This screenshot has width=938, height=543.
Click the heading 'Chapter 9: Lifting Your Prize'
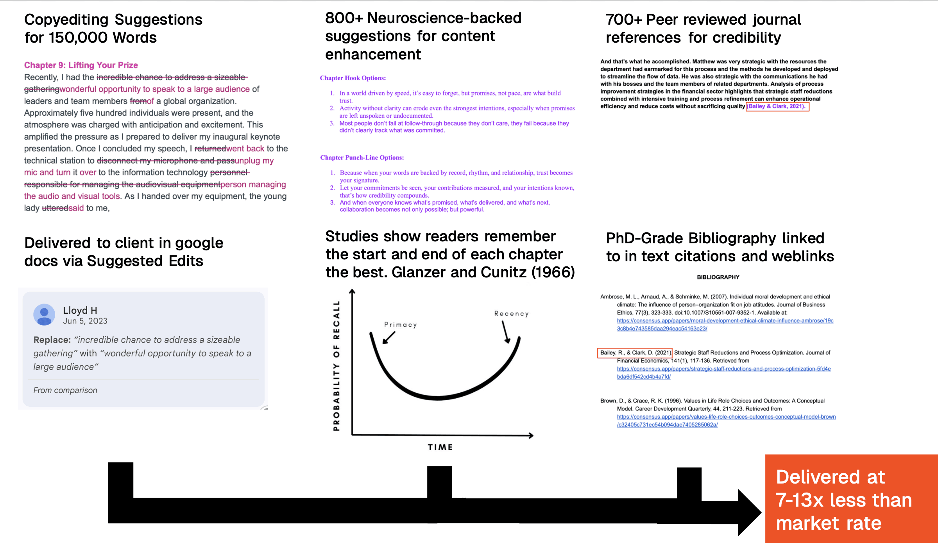[x=81, y=65]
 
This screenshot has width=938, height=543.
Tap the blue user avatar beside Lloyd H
[x=44, y=315]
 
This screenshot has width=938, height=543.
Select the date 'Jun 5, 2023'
[x=85, y=321]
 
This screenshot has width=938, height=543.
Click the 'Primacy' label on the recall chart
[x=400, y=325]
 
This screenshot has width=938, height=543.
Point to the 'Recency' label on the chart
[x=511, y=314]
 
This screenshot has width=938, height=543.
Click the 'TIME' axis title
[x=440, y=447]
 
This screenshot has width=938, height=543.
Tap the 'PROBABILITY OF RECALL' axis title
[x=337, y=366]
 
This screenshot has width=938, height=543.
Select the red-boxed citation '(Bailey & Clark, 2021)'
[x=777, y=106]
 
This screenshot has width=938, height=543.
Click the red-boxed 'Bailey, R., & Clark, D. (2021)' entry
[x=635, y=353]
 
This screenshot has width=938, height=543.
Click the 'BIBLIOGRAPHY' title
[x=718, y=277]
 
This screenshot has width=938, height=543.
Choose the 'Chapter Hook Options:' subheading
[x=353, y=78]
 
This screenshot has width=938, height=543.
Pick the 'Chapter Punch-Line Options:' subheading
[x=362, y=158]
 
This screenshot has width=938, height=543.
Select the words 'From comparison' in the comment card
[x=65, y=390]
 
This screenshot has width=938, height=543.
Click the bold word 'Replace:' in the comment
[x=52, y=340]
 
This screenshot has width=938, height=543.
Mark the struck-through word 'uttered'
[x=55, y=208]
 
